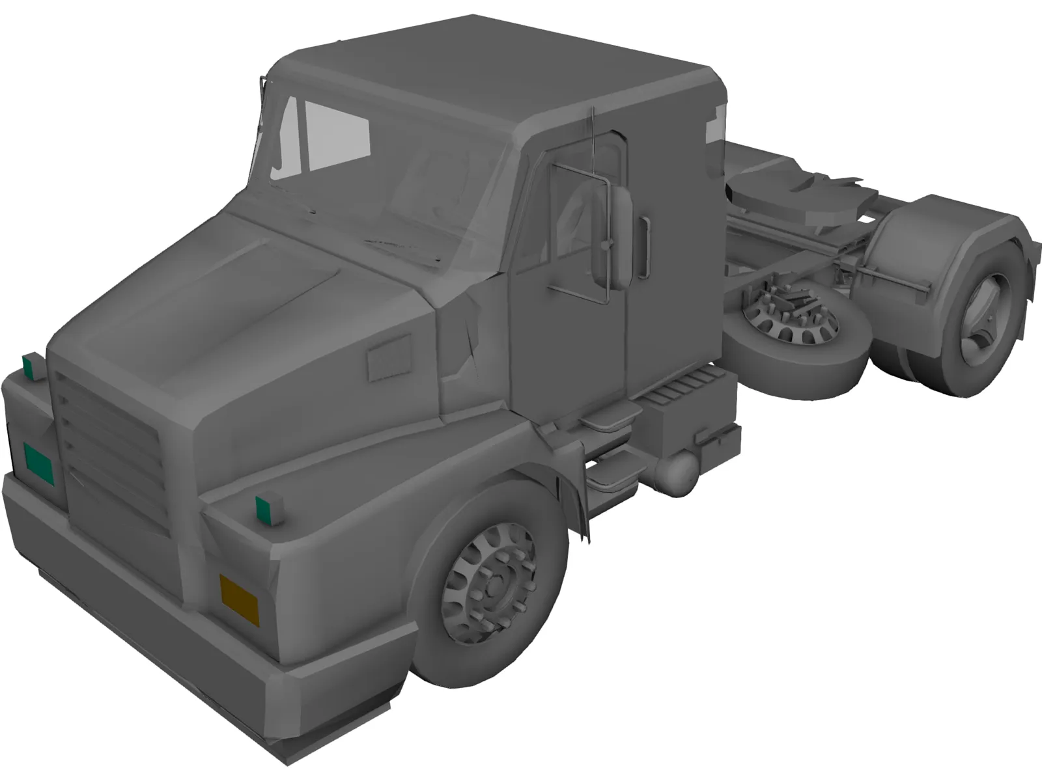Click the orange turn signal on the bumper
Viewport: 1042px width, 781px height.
[239, 597]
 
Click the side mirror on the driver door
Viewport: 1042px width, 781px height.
[611, 238]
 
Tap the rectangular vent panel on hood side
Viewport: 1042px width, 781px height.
[389, 358]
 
